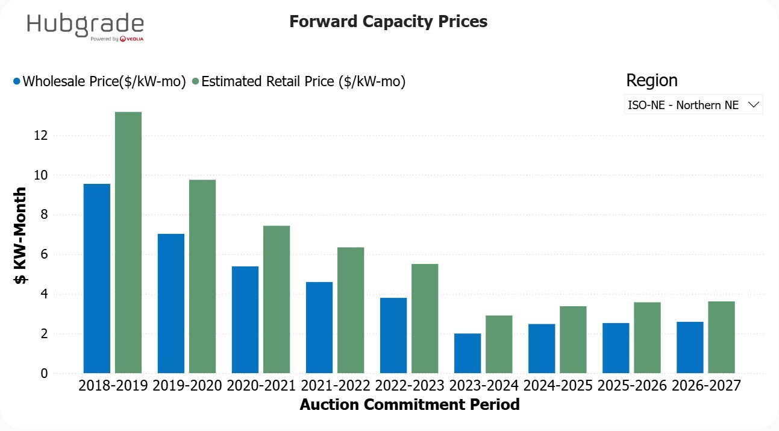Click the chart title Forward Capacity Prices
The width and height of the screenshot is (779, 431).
pyautogui.click(x=388, y=22)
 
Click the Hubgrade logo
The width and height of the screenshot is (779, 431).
pyautogui.click(x=86, y=27)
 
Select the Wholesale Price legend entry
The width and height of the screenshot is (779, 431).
pyautogui.click(x=99, y=81)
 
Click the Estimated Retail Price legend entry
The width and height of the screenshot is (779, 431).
pyautogui.click(x=299, y=81)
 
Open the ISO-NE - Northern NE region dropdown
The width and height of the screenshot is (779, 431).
pyautogui.click(x=693, y=105)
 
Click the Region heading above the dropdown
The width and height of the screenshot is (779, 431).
pyautogui.click(x=651, y=80)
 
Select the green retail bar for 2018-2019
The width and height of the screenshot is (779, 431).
pyautogui.click(x=128, y=242)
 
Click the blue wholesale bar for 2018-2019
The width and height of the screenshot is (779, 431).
pyautogui.click(x=96, y=278)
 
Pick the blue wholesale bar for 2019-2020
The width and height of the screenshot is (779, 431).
pyautogui.click(x=171, y=303)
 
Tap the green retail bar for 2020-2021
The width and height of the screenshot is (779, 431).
pyautogui.click(x=277, y=299)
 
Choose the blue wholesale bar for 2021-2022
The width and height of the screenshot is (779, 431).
pyautogui.click(x=319, y=327)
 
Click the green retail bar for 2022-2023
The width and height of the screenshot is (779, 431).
pyautogui.click(x=425, y=318)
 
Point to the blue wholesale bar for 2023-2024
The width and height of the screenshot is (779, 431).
pyautogui.click(x=468, y=353)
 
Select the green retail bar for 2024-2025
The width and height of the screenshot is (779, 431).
pyautogui.click(x=573, y=339)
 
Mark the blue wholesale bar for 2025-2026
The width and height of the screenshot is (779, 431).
pyautogui.click(x=616, y=348)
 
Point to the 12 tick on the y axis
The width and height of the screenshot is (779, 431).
pyautogui.click(x=40, y=136)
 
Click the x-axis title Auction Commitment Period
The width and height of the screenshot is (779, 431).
pyautogui.click(x=409, y=404)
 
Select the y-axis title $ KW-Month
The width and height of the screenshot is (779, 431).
pyautogui.click(x=20, y=236)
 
